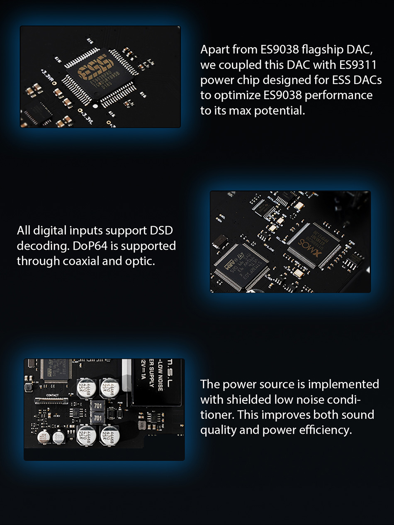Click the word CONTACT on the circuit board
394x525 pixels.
53,395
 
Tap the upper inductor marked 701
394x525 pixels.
98,405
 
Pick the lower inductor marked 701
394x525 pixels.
98,418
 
